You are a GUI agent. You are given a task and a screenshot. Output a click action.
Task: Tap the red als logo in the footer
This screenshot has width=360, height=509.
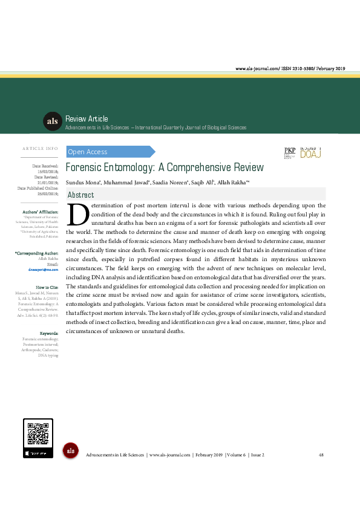point(71,450)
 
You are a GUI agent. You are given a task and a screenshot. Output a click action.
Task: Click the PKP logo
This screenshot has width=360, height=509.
point(289,153)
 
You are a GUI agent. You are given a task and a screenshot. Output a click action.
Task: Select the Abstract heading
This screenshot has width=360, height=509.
point(80,195)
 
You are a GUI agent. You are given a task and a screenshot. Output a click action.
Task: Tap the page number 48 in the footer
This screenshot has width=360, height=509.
point(321,455)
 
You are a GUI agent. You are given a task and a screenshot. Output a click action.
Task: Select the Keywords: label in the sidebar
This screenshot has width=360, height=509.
point(48,334)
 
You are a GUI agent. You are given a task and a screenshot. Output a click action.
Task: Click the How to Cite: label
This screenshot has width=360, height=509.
point(47,287)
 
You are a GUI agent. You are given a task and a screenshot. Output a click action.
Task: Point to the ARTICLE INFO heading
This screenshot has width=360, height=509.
point(40,148)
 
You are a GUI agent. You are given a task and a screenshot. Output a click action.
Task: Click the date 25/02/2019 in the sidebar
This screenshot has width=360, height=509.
point(45,193)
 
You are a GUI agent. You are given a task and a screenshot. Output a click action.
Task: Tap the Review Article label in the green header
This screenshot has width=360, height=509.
point(86,119)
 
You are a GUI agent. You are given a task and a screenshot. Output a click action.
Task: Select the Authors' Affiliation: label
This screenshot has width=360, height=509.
point(40,212)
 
